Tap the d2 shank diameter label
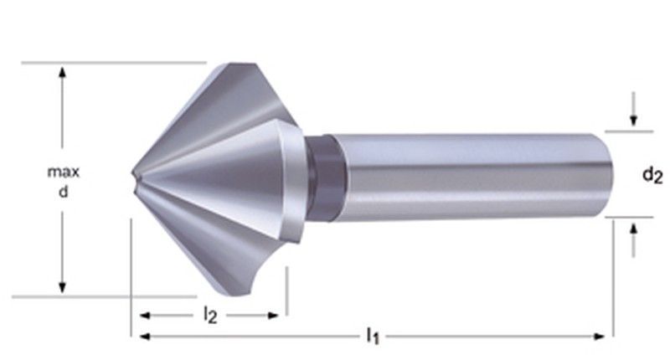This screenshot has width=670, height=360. coord(652,175)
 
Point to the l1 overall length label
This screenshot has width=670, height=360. coord(373,337)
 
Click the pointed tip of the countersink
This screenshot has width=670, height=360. coord(134,175)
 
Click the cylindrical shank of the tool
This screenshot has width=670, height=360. coord(461,176)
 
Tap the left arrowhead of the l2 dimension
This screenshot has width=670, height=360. coord(145,316)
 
